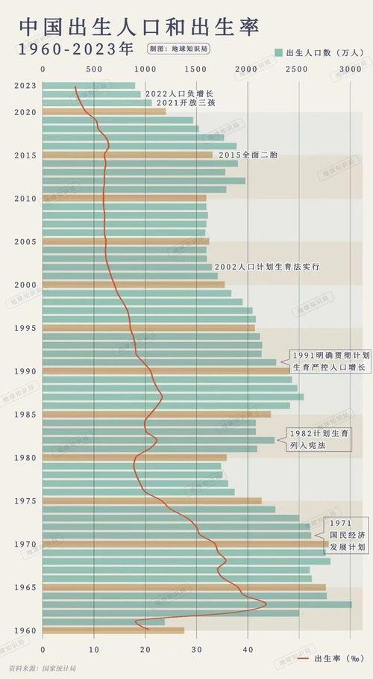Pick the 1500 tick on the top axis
click(196, 69)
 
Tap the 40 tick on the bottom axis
click(248, 649)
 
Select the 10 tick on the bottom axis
click(94, 649)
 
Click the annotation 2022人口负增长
click(179, 93)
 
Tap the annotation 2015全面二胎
click(248, 155)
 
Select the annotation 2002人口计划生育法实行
click(267, 267)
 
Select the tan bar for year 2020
click(104, 112)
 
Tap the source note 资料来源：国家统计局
click(43, 667)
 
